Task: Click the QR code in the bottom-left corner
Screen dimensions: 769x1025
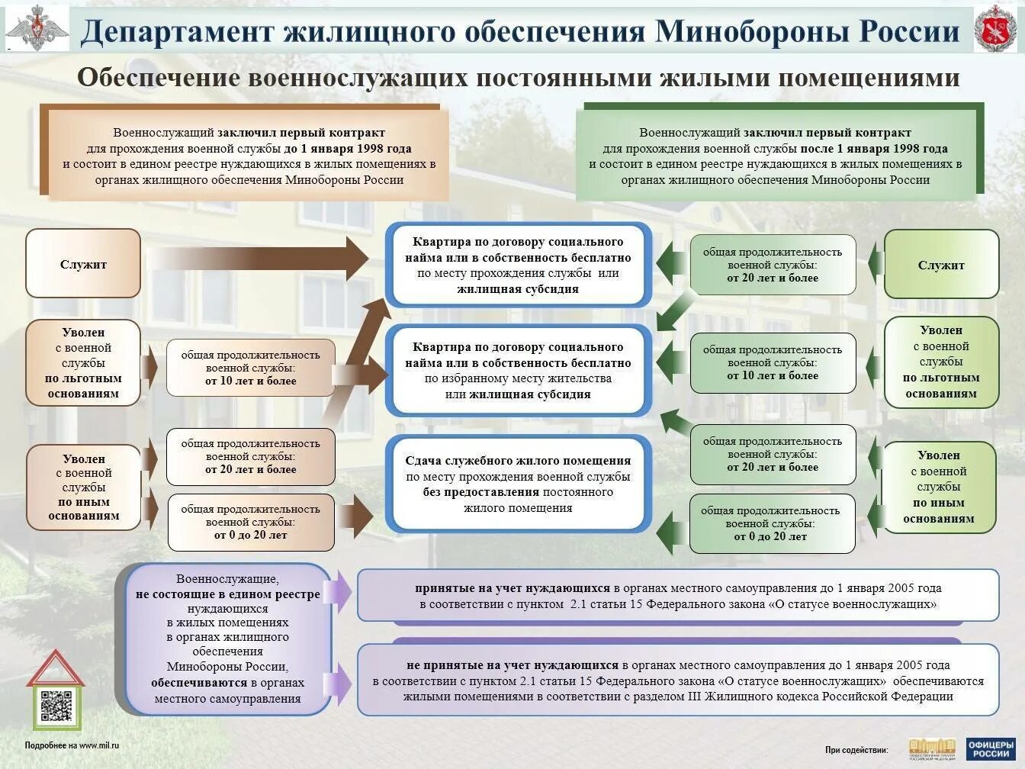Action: (x=56, y=707)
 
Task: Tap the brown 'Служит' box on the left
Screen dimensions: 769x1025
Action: (x=83, y=264)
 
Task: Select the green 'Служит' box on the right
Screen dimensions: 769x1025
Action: (x=941, y=265)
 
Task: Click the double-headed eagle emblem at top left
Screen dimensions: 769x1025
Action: (x=37, y=30)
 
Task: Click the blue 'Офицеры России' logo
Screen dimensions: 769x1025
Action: (x=991, y=748)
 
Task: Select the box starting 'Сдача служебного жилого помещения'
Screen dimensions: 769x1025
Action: (x=518, y=484)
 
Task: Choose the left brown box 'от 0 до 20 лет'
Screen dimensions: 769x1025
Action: (x=251, y=522)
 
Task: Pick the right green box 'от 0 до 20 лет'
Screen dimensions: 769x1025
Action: (x=772, y=523)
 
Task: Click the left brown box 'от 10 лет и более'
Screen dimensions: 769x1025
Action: (x=251, y=368)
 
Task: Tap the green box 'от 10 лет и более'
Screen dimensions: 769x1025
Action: (x=773, y=362)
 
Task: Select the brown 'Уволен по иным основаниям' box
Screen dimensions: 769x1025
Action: (x=84, y=487)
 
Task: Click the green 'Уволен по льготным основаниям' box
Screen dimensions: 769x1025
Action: (x=941, y=362)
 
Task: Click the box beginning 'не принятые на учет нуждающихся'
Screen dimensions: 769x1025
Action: (x=678, y=680)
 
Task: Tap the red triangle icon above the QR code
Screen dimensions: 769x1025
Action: (x=55, y=669)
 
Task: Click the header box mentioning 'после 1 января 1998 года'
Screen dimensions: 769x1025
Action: (x=776, y=156)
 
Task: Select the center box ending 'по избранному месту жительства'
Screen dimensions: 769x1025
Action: (x=518, y=371)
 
